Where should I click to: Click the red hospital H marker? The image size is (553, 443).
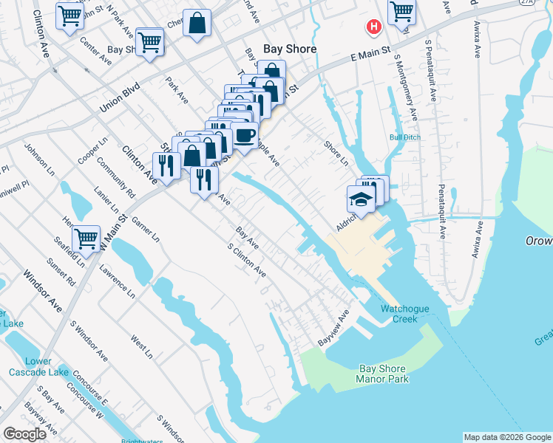tap(374, 27)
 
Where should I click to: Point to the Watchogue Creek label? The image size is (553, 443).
tap(399, 314)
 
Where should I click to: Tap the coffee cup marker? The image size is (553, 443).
tap(245, 135)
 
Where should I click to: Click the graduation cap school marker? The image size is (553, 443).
tap(362, 199)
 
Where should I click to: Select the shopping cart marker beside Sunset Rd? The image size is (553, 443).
tap(86, 238)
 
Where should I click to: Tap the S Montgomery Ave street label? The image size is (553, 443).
tap(406, 87)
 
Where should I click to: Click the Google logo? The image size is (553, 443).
tap(25, 434)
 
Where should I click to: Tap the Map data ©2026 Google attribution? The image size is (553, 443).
tap(507, 437)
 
